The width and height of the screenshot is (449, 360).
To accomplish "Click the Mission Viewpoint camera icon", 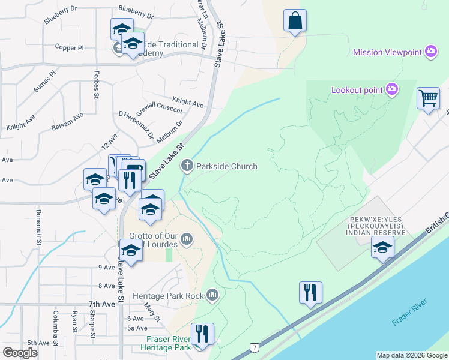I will coord(430,52).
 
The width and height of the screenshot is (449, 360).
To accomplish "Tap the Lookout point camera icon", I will coord(391,89).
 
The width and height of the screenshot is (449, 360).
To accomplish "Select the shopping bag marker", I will coord(295,21).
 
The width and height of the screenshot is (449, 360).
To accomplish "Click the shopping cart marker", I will coord(428,98).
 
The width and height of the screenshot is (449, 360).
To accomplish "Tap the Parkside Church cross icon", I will coord(187,166).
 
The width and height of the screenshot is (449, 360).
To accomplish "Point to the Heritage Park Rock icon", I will coord(212,295).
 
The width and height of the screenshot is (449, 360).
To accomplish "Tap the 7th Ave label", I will coord(101,304).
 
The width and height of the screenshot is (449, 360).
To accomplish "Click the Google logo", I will coord(20,353).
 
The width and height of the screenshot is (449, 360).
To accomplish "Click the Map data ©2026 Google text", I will coord(411,355).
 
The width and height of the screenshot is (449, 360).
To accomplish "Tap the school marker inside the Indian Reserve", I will coord(382,247).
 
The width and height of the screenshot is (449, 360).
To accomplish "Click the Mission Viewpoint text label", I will coord(387,52).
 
